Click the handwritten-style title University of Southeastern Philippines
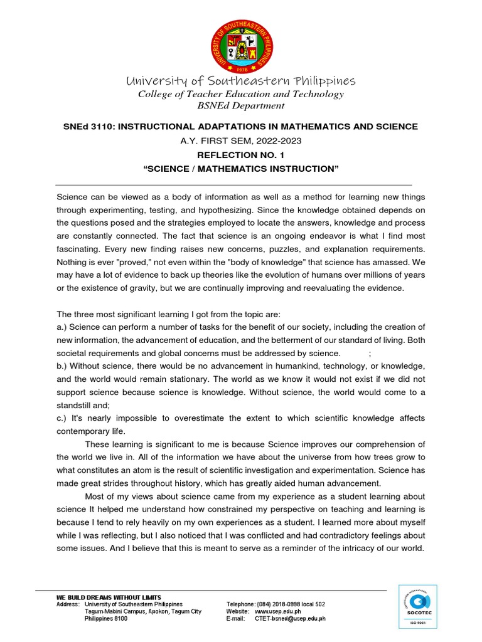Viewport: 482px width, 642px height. (x=241, y=81)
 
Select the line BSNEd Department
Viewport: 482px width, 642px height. (x=241, y=106)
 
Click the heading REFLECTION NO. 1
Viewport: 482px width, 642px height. (x=241, y=155)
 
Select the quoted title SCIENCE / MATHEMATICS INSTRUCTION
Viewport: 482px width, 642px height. (x=241, y=169)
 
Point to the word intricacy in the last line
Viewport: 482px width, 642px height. (x=346, y=549)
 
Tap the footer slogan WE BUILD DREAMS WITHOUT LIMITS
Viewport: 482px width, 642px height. (x=109, y=597)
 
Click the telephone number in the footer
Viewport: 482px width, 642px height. (x=292, y=604)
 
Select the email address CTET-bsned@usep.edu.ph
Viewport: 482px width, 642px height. (x=290, y=619)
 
